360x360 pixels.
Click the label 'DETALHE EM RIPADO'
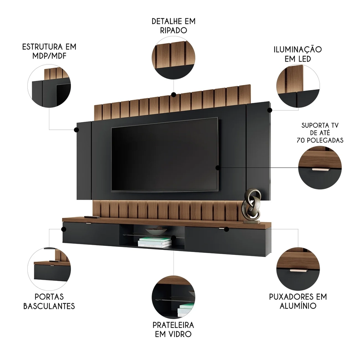tap(173, 26)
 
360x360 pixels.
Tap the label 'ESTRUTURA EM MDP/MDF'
tap(49, 51)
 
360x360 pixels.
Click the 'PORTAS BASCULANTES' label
tap(49, 301)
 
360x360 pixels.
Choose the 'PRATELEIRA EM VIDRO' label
tap(173, 329)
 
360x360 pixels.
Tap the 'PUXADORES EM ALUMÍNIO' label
tap(298, 301)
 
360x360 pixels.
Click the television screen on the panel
tap(165, 155)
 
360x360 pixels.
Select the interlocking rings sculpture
tap(252, 204)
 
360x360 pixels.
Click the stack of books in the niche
tap(155, 242)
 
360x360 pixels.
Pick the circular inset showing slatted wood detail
tap(173, 58)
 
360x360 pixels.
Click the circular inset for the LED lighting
tap(298, 86)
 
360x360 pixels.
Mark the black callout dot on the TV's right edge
tap(217, 167)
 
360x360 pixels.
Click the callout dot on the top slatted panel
tap(173, 95)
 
